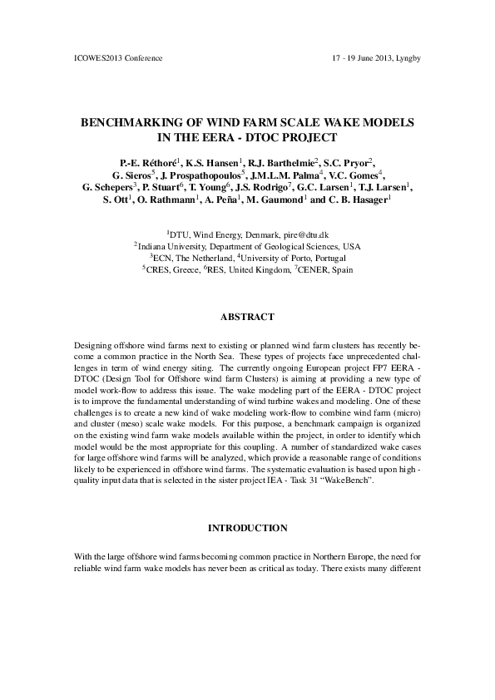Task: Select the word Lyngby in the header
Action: pos(408,58)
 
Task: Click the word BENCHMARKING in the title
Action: pos(130,122)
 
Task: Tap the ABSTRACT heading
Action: pos(247,318)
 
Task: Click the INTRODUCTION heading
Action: pos(247,528)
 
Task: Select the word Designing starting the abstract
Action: pos(92,343)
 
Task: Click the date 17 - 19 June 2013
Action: pos(362,58)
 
